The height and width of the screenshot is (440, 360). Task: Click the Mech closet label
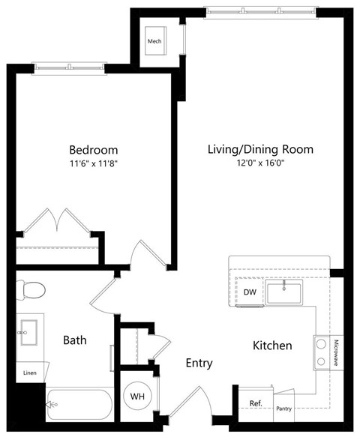click(x=155, y=40)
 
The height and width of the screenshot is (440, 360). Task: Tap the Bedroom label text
click(x=93, y=150)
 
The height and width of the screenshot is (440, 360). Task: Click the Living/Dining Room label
click(x=260, y=149)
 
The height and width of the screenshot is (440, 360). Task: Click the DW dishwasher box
click(x=250, y=293)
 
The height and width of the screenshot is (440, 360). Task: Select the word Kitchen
click(x=271, y=346)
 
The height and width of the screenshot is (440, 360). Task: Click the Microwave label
click(x=336, y=353)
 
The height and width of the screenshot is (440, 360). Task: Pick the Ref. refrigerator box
click(x=255, y=403)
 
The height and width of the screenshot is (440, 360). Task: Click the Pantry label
click(x=283, y=409)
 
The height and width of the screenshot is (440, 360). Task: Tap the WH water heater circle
click(x=137, y=395)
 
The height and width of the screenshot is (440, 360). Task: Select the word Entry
click(x=199, y=364)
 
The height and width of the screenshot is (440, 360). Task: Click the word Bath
click(x=74, y=340)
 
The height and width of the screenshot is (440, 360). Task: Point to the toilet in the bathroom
click(x=31, y=289)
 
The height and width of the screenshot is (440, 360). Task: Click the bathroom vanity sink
click(x=29, y=331)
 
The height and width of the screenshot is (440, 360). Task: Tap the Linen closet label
click(x=29, y=373)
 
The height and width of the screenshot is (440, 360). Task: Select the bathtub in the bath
click(x=79, y=406)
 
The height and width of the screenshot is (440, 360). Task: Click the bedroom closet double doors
click(x=57, y=222)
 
